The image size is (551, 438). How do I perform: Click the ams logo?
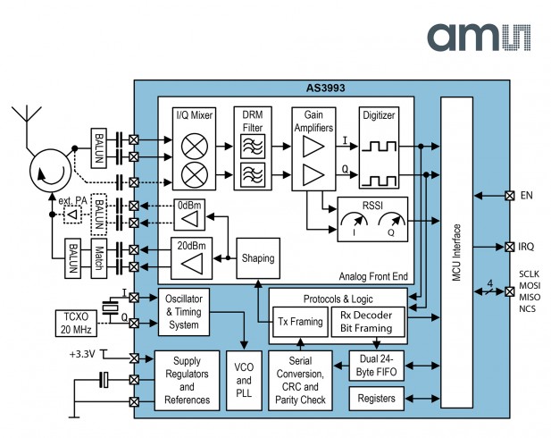478,38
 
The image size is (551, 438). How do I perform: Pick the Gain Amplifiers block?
313,147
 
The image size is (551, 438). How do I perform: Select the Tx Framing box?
298,323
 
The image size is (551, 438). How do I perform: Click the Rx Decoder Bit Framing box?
368,323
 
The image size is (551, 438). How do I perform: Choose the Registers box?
375,397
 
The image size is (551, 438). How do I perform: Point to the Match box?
101,258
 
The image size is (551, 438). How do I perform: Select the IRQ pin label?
526,246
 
